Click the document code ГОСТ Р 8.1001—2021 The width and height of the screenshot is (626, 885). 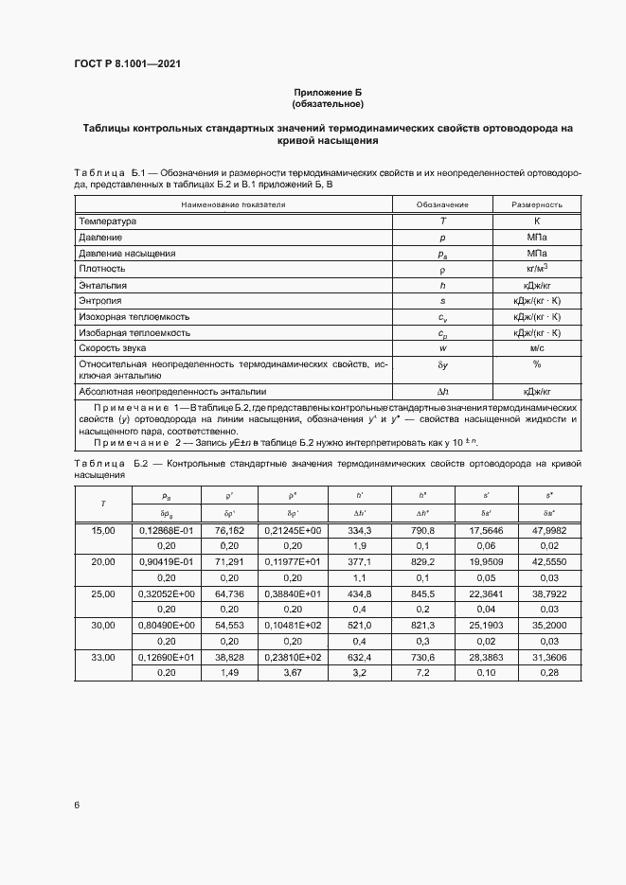click(x=127, y=64)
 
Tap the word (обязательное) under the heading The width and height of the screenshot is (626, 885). click(x=328, y=104)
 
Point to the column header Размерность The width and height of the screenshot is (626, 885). click(x=537, y=204)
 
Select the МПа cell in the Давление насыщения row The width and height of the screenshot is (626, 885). click(x=537, y=254)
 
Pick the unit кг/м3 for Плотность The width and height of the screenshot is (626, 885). click(x=537, y=269)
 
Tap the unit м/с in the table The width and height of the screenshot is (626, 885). click(x=537, y=349)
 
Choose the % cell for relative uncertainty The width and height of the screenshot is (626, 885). click(x=537, y=364)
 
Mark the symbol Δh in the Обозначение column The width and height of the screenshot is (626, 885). click(x=442, y=391)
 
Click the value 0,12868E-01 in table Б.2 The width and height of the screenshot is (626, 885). click(x=166, y=531)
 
